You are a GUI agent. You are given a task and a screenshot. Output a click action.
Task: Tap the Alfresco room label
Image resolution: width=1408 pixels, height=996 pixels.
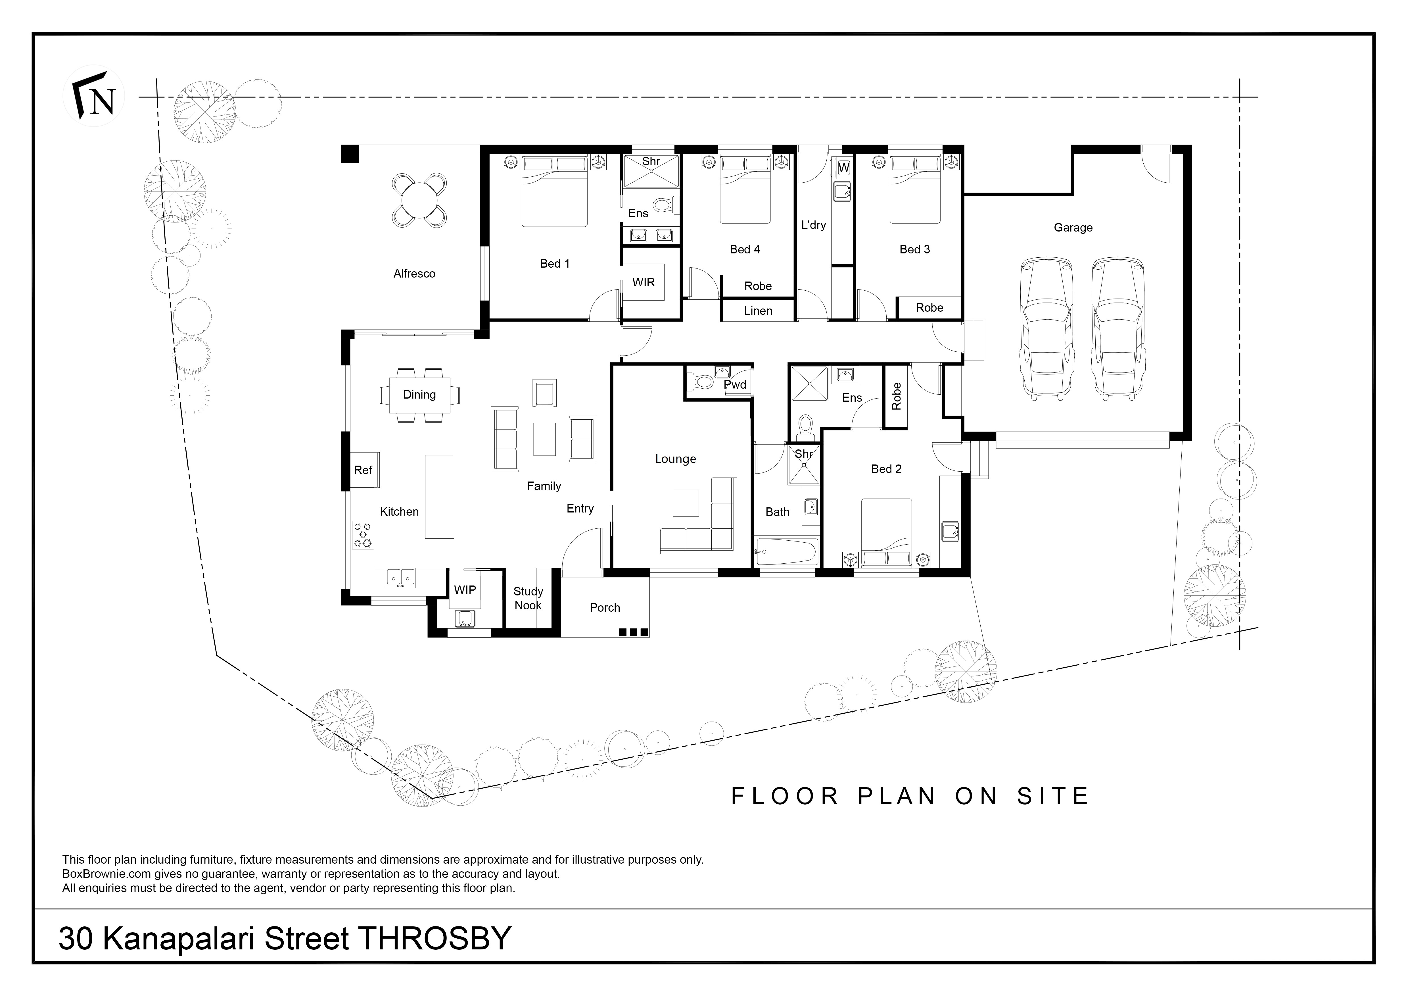click(x=415, y=274)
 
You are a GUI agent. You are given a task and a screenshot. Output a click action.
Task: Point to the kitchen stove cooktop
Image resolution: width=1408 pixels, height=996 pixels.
click(x=362, y=534)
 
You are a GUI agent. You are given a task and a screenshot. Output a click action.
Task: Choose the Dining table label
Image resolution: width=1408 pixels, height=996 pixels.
click(x=419, y=394)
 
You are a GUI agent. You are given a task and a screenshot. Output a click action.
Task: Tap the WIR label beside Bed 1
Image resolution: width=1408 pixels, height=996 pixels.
click(x=644, y=282)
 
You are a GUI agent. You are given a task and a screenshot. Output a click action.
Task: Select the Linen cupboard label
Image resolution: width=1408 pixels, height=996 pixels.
click(x=758, y=311)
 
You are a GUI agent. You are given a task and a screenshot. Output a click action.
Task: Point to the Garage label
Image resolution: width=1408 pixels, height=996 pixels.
click(x=1073, y=228)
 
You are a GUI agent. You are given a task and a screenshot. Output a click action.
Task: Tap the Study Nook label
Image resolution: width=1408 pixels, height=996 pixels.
click(x=528, y=598)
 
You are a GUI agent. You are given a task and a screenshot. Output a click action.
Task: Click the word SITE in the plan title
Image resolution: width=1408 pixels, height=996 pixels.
click(x=1052, y=796)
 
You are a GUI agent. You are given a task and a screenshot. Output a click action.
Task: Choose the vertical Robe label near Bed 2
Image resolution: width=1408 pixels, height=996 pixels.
click(x=896, y=396)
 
